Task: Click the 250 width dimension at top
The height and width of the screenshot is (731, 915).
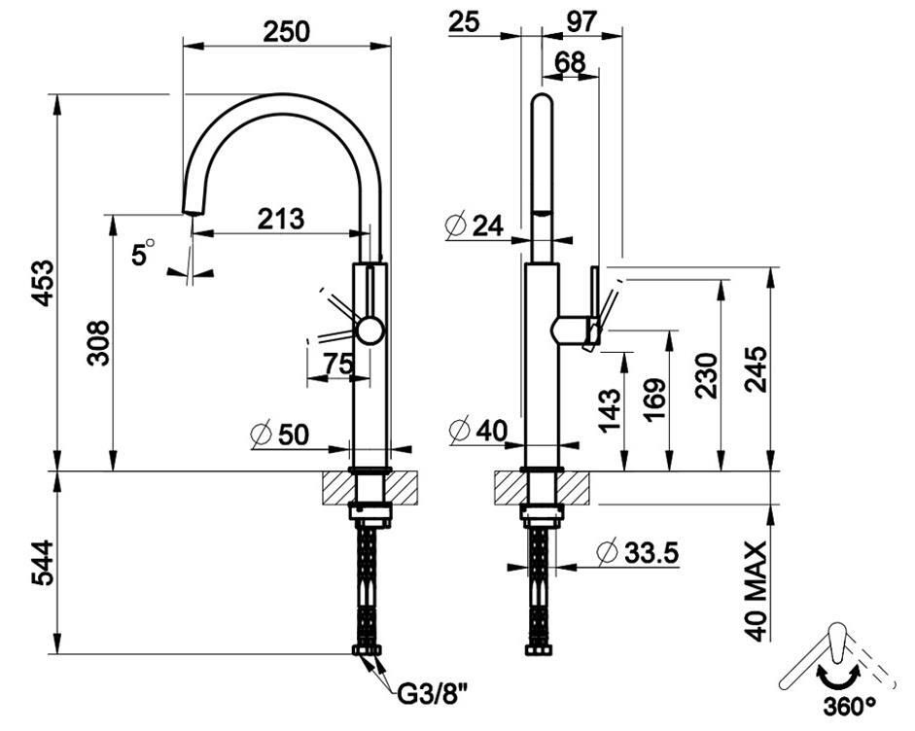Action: (286, 31)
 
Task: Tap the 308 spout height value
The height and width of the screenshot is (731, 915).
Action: (98, 343)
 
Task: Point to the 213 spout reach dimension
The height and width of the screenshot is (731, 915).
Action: (281, 220)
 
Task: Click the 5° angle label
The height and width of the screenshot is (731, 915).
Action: (143, 253)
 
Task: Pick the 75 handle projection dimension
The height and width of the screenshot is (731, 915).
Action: (338, 365)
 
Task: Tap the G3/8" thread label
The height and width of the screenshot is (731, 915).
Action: (433, 694)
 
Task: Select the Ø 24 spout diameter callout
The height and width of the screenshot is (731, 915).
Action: (474, 226)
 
